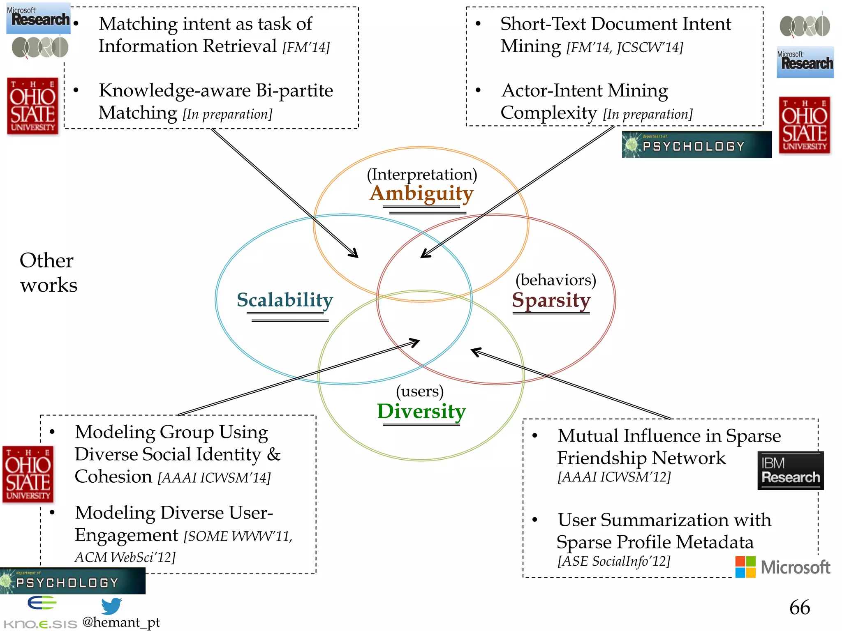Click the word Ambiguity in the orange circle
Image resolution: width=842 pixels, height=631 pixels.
421,193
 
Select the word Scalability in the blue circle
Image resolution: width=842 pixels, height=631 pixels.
285,300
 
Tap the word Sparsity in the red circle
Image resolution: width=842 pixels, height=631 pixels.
551,300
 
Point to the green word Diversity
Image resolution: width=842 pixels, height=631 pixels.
421,411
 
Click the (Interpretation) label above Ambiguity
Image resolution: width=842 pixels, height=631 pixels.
422,175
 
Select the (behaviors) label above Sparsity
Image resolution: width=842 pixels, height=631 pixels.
555,280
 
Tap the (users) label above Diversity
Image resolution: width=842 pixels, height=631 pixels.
420,391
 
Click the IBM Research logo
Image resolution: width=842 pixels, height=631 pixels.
790,471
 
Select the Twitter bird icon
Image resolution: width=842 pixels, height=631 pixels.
111,606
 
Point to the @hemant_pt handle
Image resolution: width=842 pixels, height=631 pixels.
121,622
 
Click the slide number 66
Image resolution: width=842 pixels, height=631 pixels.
799,608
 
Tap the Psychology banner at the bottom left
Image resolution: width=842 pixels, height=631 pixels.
72,581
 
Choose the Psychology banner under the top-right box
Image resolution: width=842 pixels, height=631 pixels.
696,145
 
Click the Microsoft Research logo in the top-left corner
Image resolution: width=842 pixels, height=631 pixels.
39,18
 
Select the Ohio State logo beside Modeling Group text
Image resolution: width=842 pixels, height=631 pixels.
28,474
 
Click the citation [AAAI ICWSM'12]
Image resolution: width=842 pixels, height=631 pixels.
614,477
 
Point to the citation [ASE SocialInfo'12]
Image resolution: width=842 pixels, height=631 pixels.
613,561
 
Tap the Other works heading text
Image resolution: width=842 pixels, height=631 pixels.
48,273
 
